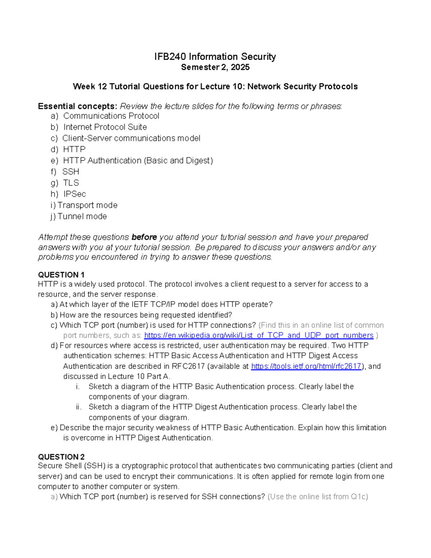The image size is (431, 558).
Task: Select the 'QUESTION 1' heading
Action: pos(61,275)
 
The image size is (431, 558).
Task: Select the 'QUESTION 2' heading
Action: pos(61,457)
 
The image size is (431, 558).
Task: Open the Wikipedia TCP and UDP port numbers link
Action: pos(259,335)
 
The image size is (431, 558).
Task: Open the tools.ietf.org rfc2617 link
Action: pos(306,366)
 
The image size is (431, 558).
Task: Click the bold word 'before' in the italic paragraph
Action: pos(144,237)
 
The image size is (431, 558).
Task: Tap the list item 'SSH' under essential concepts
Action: pos(71,172)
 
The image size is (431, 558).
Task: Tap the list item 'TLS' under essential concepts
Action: pos(71,183)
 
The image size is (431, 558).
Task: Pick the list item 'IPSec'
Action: pos(75,194)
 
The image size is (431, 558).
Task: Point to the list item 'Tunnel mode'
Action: pos(82,216)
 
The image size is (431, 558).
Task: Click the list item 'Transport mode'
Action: pos(87,205)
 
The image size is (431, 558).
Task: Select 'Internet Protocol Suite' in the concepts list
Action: pos(105,127)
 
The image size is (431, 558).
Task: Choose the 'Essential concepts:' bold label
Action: pos(78,106)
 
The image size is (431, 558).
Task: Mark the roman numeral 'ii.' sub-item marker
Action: pos(79,407)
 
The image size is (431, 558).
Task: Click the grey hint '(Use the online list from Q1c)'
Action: pos(318,497)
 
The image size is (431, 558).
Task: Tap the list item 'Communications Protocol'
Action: pos(111,116)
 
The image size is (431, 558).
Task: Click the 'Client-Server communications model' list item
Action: pos(131,138)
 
